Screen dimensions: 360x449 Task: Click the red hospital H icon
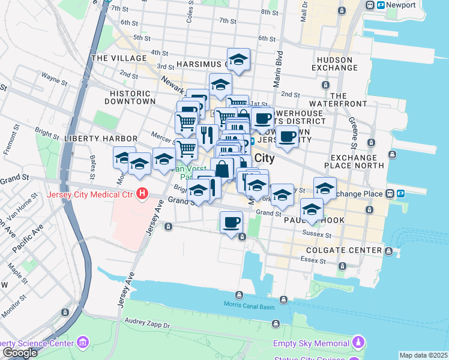pyautogui.click(x=142, y=194)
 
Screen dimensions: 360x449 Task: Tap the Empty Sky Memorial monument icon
pyautogui.click(x=358, y=343)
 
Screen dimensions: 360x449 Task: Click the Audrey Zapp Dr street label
pyautogui.click(x=148, y=322)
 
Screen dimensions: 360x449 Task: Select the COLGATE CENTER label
pyautogui.click(x=344, y=250)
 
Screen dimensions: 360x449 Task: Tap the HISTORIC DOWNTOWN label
pyautogui.click(x=130, y=97)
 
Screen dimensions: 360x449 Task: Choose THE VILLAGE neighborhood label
pyautogui.click(x=119, y=58)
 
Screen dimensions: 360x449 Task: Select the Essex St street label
pyautogui.click(x=312, y=260)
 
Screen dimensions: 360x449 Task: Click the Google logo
pyautogui.click(x=20, y=353)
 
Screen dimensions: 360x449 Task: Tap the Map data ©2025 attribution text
pyautogui.click(x=423, y=355)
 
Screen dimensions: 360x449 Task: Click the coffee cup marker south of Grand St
pyautogui.click(x=231, y=224)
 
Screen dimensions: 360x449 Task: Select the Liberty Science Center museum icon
pyautogui.click(x=83, y=343)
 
